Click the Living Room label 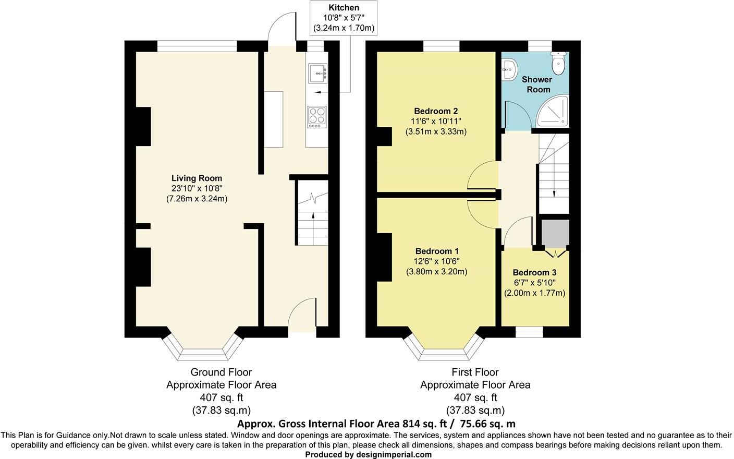pyautogui.click(x=197, y=178)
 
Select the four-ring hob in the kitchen pyautogui.click(x=316, y=117)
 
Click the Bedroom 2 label pyautogui.click(x=436, y=111)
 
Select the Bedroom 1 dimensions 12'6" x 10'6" pyautogui.click(x=436, y=261)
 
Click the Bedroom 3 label pyautogui.click(x=534, y=273)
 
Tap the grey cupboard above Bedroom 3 pyautogui.click(x=555, y=233)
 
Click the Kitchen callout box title pyautogui.click(x=344, y=8)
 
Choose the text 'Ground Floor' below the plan pyautogui.click(x=221, y=372)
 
